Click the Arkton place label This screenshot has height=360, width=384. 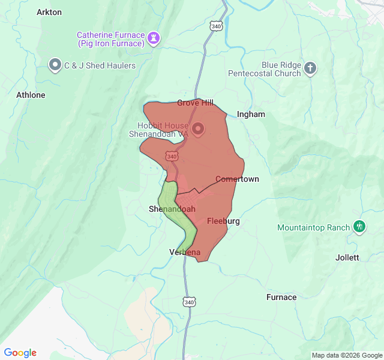(49, 12)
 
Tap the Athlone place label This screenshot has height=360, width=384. (31, 95)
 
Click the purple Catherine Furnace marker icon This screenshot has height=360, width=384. (155, 38)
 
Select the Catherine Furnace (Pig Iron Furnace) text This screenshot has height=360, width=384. (111, 39)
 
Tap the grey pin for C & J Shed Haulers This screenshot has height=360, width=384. (56, 65)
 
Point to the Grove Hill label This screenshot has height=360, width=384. (195, 103)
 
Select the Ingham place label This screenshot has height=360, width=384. (251, 114)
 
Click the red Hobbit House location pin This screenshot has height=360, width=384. (197, 128)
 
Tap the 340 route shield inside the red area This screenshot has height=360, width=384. (172, 156)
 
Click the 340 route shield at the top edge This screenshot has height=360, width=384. (217, 26)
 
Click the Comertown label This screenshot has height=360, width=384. (237, 179)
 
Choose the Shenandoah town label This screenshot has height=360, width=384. (172, 209)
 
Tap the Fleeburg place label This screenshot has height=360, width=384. (223, 221)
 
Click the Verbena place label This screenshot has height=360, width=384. (185, 252)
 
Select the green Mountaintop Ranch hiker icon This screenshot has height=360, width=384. (359, 227)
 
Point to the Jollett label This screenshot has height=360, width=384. (347, 257)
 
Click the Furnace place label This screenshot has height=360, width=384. (281, 297)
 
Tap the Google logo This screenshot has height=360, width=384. (20, 353)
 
